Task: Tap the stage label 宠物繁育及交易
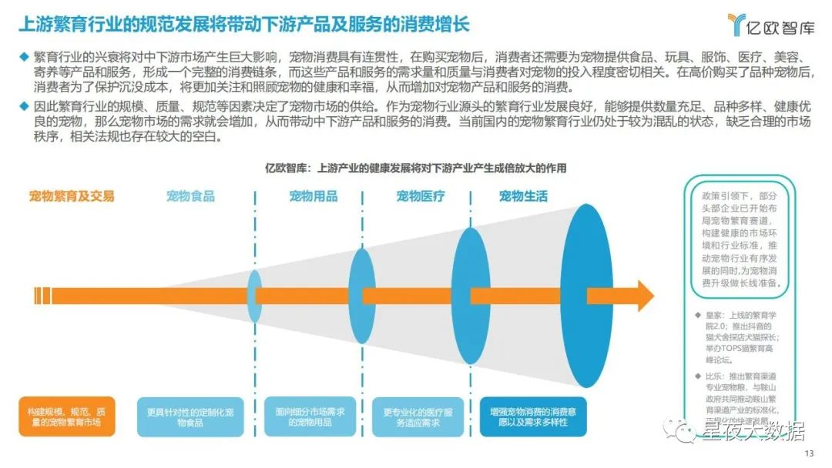tap(72, 196)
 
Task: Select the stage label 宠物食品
tap(190, 196)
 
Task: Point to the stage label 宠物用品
tap(313, 196)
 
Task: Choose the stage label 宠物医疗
tap(421, 196)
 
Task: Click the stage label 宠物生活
tap(523, 196)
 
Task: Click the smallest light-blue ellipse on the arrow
tap(254, 296)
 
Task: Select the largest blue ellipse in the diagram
tap(590, 296)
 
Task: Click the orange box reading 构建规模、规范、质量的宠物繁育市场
tap(69, 417)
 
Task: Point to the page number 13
tap(808, 453)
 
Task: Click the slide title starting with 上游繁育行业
tap(243, 24)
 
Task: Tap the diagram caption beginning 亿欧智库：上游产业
tap(415, 168)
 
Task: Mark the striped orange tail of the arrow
tap(42, 296)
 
